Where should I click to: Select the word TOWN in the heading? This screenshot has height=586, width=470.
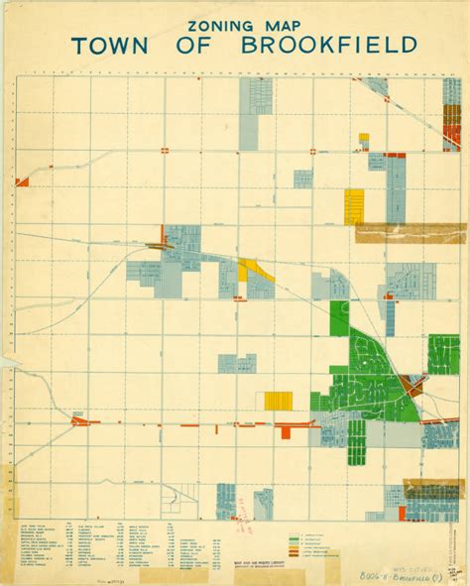[x=123, y=46]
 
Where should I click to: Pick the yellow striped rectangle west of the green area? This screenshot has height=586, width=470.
[x=279, y=400]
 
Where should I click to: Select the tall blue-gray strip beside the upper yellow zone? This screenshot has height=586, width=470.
[x=396, y=188]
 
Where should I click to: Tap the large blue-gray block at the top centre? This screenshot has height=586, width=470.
[x=256, y=105]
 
